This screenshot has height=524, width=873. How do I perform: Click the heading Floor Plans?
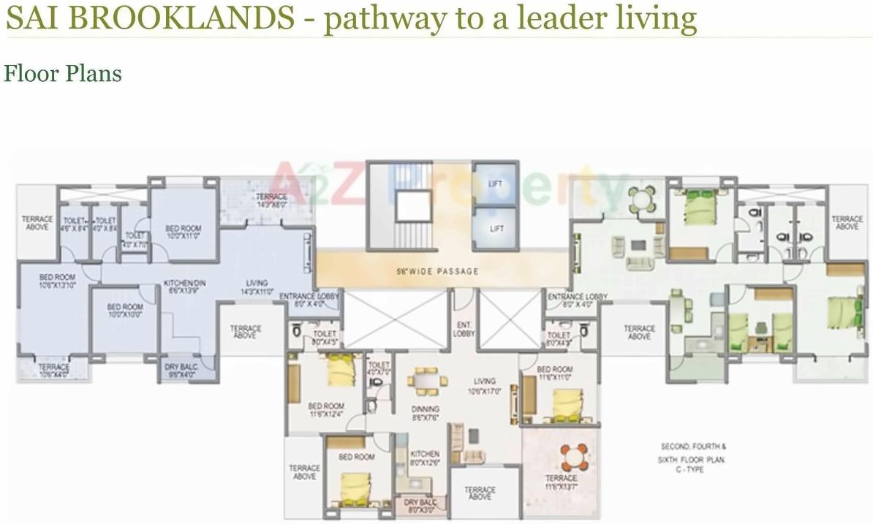point(63,74)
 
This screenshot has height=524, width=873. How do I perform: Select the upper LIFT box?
point(496,183)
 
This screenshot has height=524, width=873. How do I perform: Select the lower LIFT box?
point(496,229)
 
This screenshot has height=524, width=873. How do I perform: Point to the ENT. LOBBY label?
point(464,329)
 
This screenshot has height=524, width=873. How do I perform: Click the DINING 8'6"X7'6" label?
point(425,413)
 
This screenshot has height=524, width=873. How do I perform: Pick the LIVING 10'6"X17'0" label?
point(483,385)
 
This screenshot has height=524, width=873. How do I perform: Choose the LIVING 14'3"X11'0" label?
point(257,286)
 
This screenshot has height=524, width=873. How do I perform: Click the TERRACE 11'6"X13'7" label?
point(561,482)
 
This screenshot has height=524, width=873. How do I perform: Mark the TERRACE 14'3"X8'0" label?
point(271,201)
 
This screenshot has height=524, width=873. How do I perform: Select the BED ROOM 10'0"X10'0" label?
point(124,311)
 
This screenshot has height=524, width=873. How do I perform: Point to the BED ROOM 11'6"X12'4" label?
point(325,410)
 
